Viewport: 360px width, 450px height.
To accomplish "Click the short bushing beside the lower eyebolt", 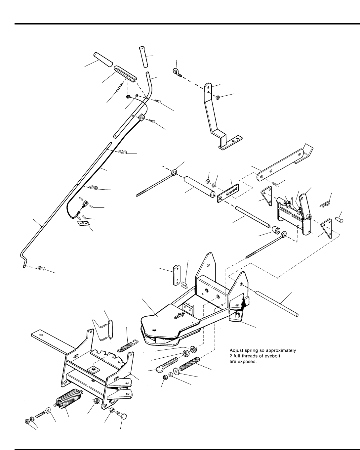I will (x=276, y=230).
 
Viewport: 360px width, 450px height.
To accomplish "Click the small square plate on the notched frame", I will (x=94, y=369).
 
